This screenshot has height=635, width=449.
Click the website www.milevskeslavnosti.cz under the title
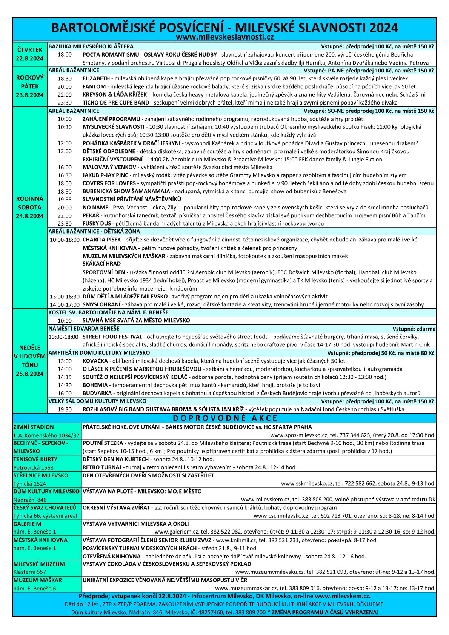pos(224,37)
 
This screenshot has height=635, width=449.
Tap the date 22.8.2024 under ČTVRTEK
pos(30,58)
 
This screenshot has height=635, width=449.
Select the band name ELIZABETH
pos(96,78)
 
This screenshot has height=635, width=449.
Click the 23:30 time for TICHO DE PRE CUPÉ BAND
pos(65,103)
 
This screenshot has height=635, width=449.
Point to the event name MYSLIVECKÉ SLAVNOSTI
pos(113,127)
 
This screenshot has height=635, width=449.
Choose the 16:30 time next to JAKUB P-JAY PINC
pos(65,175)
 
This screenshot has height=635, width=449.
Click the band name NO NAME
pos(95,208)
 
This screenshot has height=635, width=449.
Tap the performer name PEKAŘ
pos(91,215)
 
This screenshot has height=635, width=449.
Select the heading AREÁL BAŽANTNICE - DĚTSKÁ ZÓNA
pos(94,231)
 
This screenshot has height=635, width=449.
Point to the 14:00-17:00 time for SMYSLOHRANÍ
pos(65,304)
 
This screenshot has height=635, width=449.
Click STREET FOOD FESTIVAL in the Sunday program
pos(112,337)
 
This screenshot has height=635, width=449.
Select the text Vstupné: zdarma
pos(414,329)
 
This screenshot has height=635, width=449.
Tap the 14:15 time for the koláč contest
pos(65,377)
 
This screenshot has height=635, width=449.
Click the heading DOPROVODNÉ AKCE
pos(225,418)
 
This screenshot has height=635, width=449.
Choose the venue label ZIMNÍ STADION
pos(34,427)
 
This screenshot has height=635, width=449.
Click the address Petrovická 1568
pos(34,467)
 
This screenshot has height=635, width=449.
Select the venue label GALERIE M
pos(28,524)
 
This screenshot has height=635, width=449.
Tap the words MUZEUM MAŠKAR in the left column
pos(37,580)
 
